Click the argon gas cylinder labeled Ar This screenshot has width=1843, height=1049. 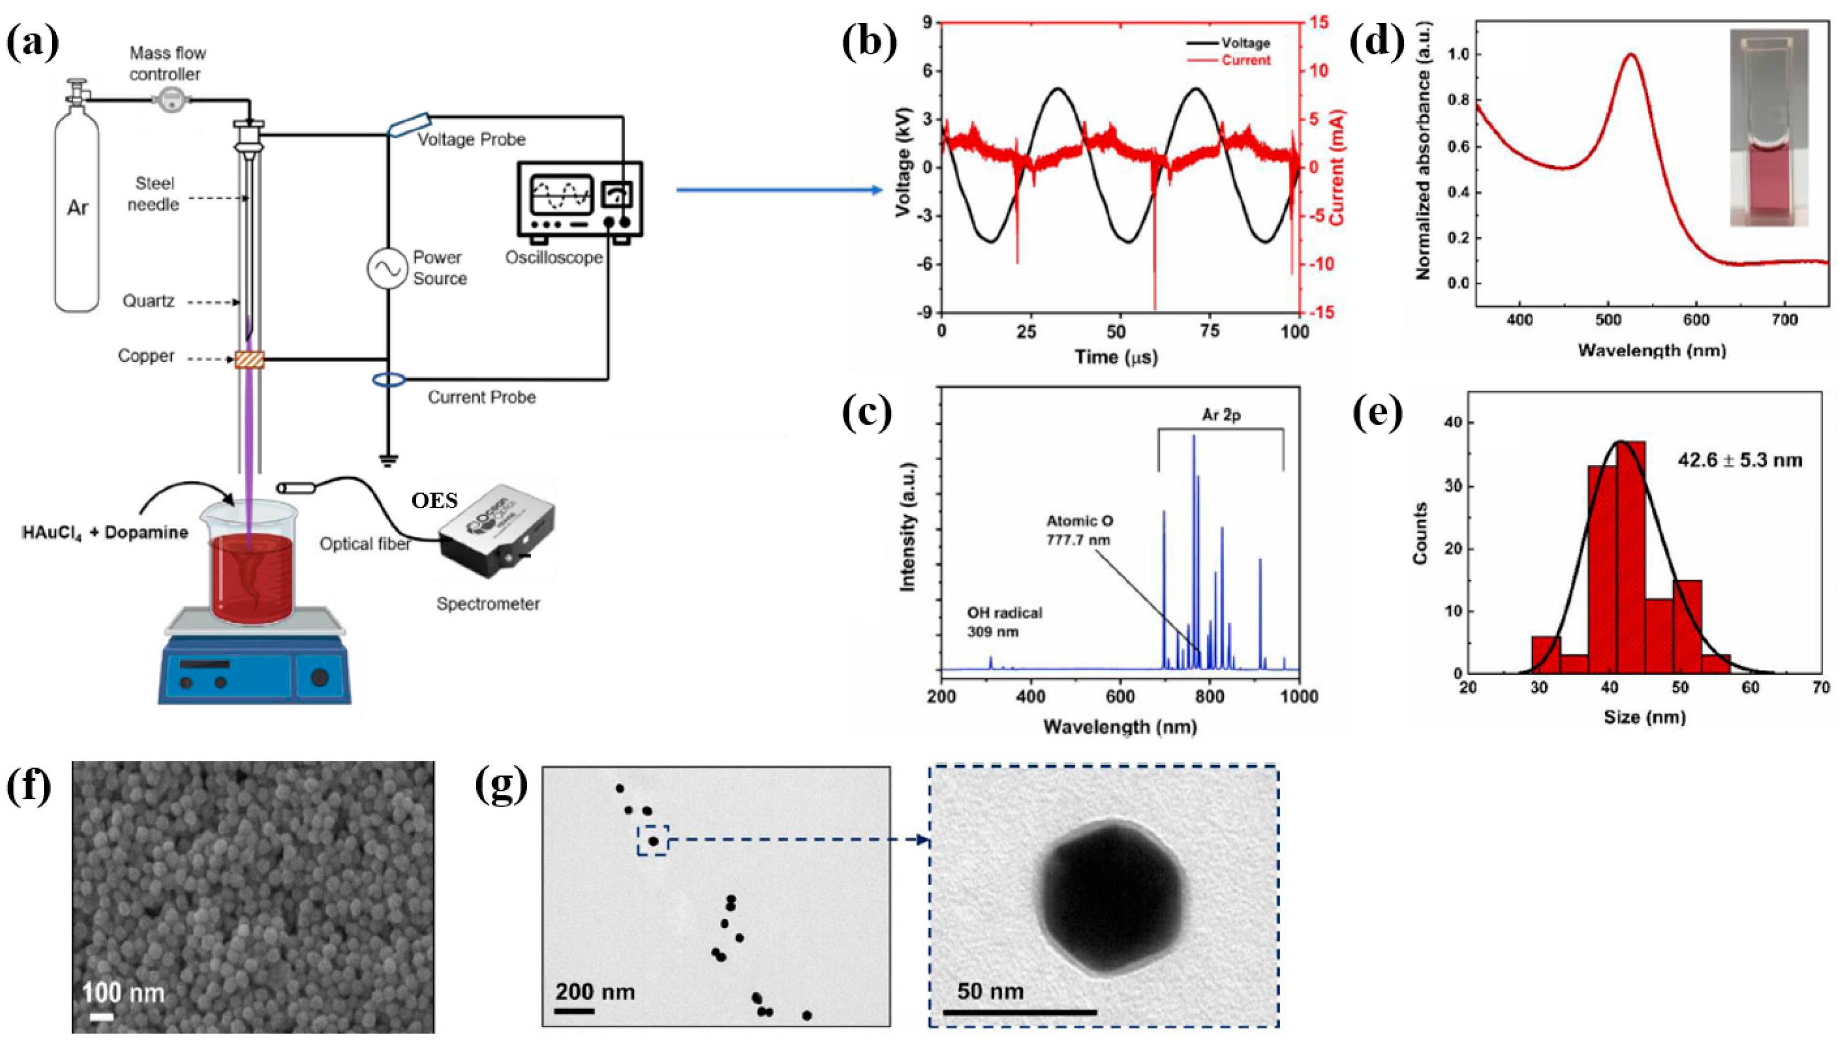pos(77,216)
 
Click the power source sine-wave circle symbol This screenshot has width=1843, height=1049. pos(387,269)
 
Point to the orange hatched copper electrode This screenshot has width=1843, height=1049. pos(249,359)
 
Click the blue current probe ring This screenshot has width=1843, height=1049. pos(388,380)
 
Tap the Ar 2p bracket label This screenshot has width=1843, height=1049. pos(1221,416)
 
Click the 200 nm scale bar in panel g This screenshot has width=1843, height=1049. pos(574,1011)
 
